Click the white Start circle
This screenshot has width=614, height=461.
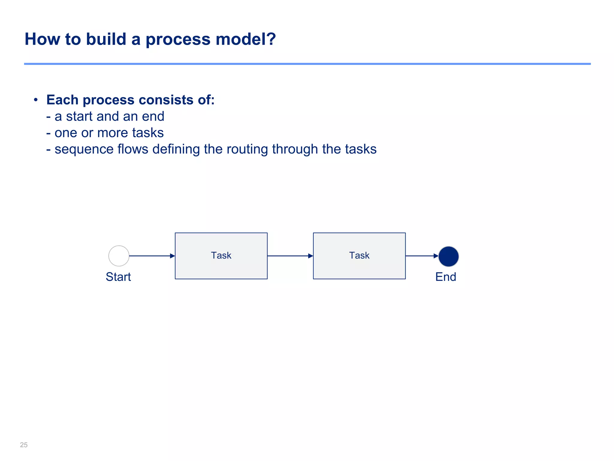pyautogui.click(x=119, y=256)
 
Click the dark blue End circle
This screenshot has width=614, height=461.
pyautogui.click(x=449, y=257)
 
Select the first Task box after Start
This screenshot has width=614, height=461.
pyautogui.click(x=221, y=256)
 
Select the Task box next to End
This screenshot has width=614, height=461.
pyautogui.click(x=359, y=256)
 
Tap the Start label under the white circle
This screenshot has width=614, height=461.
pyautogui.click(x=118, y=277)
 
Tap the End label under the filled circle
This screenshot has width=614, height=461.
pyautogui.click(x=446, y=277)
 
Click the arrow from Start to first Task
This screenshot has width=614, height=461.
pyautogui.click(x=152, y=256)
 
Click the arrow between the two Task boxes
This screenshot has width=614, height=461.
pyautogui.click(x=290, y=256)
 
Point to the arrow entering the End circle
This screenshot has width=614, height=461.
pyautogui.click(x=422, y=256)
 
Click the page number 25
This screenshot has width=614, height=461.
pyautogui.click(x=24, y=445)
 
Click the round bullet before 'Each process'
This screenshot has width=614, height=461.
pyautogui.click(x=36, y=100)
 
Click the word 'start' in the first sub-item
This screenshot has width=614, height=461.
pyautogui.click(x=79, y=116)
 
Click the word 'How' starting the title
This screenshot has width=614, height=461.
pyautogui.click(x=42, y=39)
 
